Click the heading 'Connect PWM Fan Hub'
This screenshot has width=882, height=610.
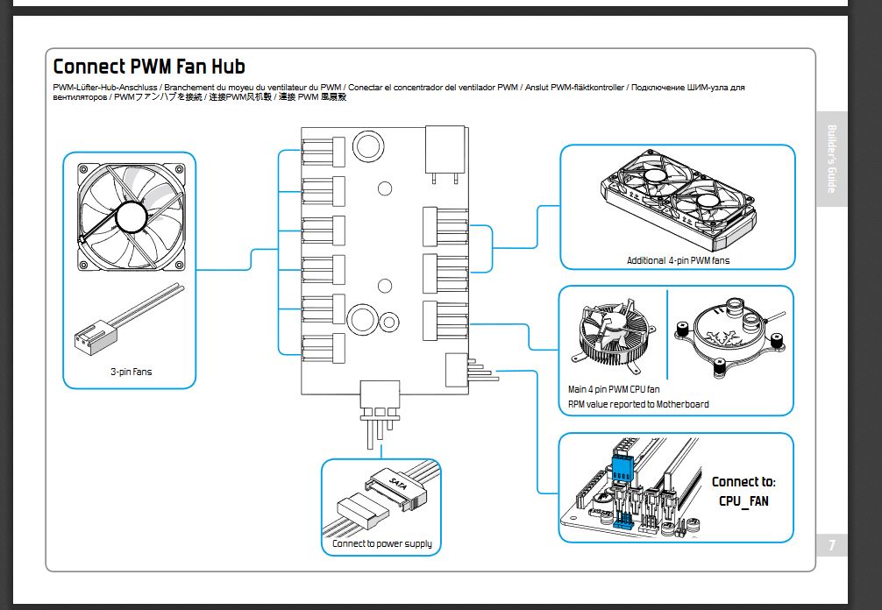pyautogui.click(x=149, y=67)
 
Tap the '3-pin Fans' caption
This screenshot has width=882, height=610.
pyautogui.click(x=131, y=372)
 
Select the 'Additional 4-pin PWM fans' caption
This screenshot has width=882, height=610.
pyautogui.click(x=678, y=260)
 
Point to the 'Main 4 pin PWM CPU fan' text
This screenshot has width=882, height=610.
pyautogui.click(x=614, y=389)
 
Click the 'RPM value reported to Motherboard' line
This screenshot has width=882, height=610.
pyautogui.click(x=638, y=404)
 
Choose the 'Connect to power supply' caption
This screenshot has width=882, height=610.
pyautogui.click(x=381, y=543)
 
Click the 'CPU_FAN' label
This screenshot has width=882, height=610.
pyautogui.click(x=743, y=501)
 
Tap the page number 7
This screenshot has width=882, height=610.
pyautogui.click(x=832, y=545)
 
